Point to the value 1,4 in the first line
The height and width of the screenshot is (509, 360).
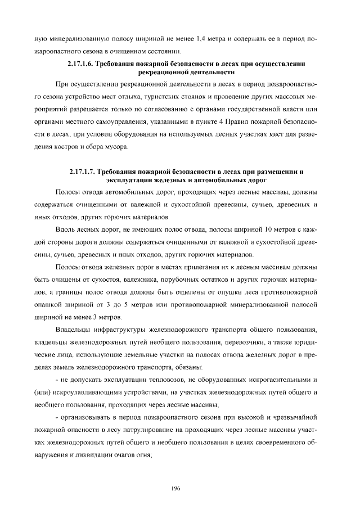204,39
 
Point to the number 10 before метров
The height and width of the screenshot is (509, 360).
267,229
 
